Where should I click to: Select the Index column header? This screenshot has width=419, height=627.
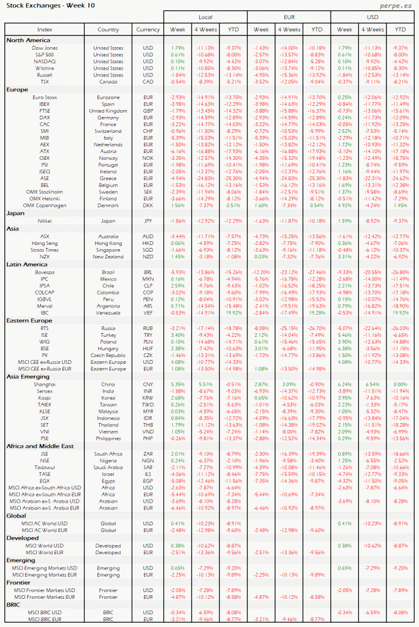45,29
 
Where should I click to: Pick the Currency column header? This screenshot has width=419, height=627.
148,29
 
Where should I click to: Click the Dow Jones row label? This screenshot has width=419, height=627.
45,48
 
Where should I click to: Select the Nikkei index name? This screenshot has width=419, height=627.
45,220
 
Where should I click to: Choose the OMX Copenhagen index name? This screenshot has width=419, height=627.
45,205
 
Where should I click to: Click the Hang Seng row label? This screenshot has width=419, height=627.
45,243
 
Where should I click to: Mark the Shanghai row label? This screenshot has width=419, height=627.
45,383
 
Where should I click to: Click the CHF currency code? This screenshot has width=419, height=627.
148,132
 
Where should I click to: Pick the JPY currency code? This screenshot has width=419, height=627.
148,220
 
